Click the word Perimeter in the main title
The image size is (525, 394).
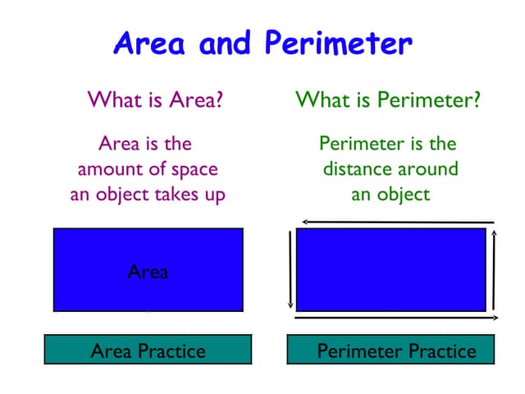[339, 44]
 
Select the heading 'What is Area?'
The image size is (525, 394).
[156, 101]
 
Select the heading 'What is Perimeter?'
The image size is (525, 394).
[388, 101]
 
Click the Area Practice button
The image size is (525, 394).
[148, 351]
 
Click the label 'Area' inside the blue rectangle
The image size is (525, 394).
[148, 272]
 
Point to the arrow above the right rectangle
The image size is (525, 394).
[398, 222]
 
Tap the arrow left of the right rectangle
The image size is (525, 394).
[290, 268]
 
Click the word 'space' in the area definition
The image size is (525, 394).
[194, 170]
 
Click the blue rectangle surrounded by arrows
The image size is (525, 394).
[391, 269]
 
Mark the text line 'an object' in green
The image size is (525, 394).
[390, 195]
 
